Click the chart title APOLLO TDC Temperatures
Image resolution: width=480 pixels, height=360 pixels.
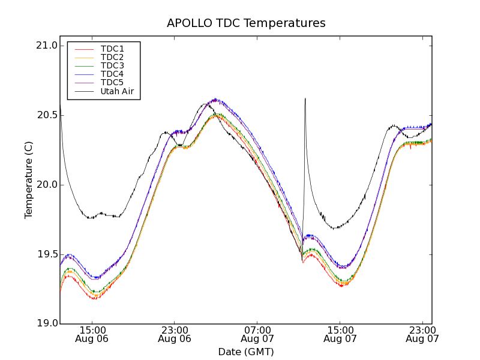(246, 23)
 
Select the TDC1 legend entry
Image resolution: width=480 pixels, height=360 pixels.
(112, 49)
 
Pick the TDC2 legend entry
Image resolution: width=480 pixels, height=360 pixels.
(112, 57)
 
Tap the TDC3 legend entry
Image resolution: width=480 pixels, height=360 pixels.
(112, 65)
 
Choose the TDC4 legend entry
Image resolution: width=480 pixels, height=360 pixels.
(112, 74)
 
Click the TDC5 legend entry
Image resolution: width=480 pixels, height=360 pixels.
(112, 82)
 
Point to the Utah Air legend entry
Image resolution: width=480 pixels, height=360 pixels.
(117, 91)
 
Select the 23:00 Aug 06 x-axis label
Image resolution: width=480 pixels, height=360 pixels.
(175, 334)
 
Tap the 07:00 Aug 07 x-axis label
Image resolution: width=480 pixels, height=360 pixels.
(257, 334)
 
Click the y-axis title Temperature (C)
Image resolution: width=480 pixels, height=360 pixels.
(29, 180)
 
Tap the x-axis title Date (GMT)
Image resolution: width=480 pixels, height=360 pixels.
(246, 352)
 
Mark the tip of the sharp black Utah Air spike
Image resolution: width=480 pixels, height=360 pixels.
(305, 98)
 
